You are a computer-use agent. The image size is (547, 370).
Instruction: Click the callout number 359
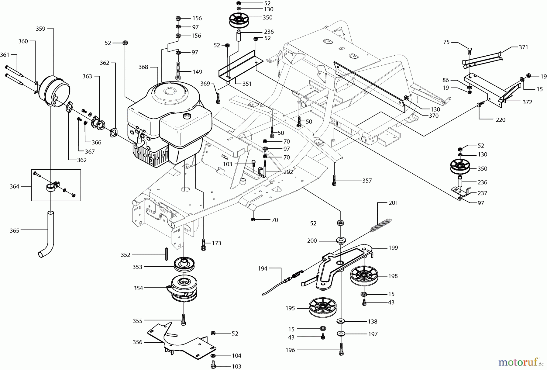[x=40, y=29]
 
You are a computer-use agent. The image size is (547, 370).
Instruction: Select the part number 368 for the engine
[x=143, y=67]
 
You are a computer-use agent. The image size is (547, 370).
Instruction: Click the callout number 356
[x=137, y=342]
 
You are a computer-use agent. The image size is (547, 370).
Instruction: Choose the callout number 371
[x=523, y=47]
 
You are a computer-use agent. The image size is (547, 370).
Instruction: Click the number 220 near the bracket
[x=500, y=120]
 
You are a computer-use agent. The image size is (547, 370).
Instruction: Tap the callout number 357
[x=367, y=181]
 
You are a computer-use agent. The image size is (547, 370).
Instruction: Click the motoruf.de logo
[x=521, y=362]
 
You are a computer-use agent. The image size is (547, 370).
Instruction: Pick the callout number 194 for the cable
[x=263, y=268]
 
